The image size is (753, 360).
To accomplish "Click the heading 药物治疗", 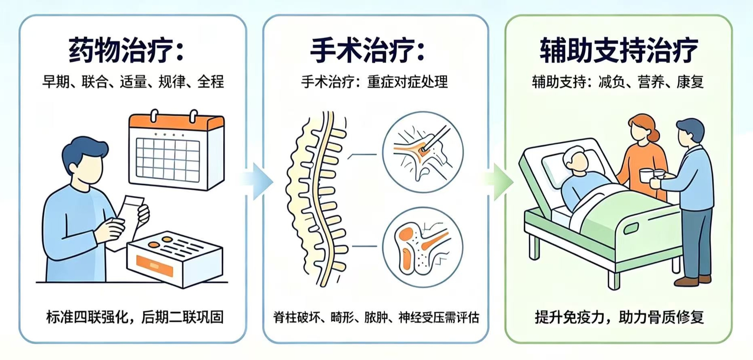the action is pyautogui.click(x=126, y=50).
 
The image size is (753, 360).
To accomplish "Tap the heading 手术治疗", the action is pyautogui.click(x=368, y=50).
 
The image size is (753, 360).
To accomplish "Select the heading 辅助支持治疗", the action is pyautogui.click(x=619, y=50).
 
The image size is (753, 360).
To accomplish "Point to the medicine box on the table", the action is pyautogui.click(x=175, y=258).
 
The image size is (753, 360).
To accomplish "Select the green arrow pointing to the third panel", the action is pyautogui.click(x=499, y=181).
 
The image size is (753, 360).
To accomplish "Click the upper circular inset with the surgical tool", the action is pyautogui.click(x=423, y=153).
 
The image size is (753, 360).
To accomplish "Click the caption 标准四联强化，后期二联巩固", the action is pyautogui.click(x=135, y=317).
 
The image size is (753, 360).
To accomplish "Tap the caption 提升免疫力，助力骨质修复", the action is pyautogui.click(x=619, y=317).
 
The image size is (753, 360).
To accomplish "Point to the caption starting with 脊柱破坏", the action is pyautogui.click(x=376, y=318).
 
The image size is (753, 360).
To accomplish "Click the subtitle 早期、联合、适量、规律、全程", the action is pyautogui.click(x=133, y=82).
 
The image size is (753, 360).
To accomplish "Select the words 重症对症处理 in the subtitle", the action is pyautogui.click(x=408, y=82).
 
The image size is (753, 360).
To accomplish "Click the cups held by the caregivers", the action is pyautogui.click(x=652, y=177).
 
